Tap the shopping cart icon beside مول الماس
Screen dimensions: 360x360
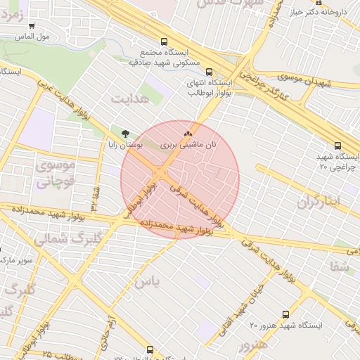coord(32,26)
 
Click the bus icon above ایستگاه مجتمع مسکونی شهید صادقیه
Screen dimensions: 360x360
coord(165,41)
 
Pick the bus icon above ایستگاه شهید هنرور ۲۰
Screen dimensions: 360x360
coord(285,314)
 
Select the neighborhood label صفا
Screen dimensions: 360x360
coord(339,266)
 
